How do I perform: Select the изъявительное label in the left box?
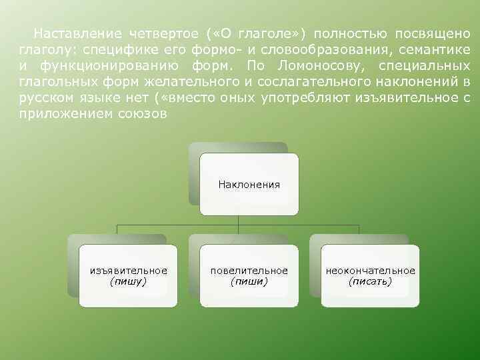[x=129, y=271]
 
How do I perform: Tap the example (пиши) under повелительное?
[x=249, y=281]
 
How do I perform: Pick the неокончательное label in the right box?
[x=370, y=271]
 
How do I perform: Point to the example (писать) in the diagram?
[x=370, y=281]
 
